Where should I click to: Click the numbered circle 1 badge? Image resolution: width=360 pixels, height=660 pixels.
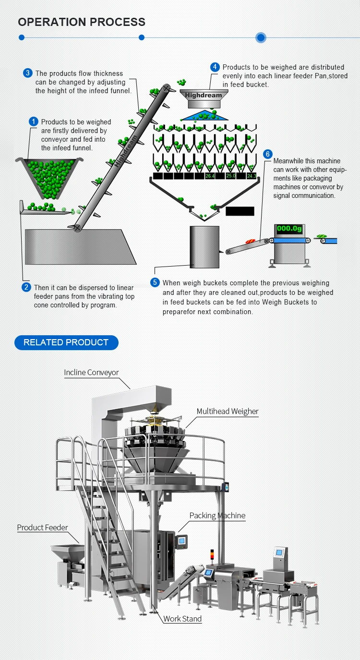pyautogui.click(x=33, y=122)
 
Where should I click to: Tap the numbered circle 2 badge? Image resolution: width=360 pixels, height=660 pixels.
pyautogui.click(x=26, y=287)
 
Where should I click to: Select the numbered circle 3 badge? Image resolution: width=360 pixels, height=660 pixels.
pyautogui.click(x=28, y=73)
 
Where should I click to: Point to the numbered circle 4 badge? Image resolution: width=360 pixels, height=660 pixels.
pyautogui.click(x=215, y=67)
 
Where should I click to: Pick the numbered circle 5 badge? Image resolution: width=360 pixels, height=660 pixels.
pyautogui.click(x=155, y=282)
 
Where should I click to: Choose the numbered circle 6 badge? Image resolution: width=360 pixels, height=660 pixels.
pyautogui.click(x=268, y=154)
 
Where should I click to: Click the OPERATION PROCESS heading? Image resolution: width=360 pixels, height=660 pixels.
pyautogui.click(x=82, y=22)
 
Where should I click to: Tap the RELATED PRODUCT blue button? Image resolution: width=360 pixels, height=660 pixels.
pyautogui.click(x=66, y=342)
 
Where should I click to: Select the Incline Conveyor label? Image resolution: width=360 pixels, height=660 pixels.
pyautogui.click(x=91, y=372)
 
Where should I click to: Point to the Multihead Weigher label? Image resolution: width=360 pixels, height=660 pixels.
pyautogui.click(x=228, y=411)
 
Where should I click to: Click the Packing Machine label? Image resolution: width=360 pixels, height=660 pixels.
pyautogui.click(x=217, y=515)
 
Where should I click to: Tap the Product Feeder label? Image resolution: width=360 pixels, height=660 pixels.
pyautogui.click(x=42, y=527)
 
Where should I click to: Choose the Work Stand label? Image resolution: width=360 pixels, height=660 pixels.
pyautogui.click(x=182, y=619)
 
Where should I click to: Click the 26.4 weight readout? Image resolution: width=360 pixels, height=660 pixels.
pyautogui.click(x=210, y=176)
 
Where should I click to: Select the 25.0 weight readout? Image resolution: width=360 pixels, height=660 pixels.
pyautogui.click(x=231, y=176)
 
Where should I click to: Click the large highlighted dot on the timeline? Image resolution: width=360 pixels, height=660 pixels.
pyautogui.click(x=261, y=37)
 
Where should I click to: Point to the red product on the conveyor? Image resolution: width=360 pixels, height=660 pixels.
pyautogui.click(x=250, y=241)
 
